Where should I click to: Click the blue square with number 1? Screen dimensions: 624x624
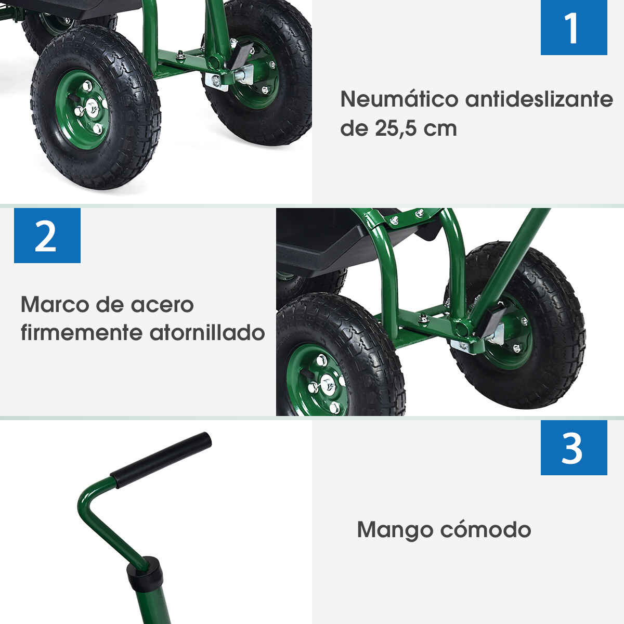click(574, 28)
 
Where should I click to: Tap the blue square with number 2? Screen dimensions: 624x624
click(47, 236)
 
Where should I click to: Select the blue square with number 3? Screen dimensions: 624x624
click(574, 448)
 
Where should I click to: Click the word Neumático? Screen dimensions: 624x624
click(399, 99)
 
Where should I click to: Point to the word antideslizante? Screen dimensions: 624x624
click(539, 99)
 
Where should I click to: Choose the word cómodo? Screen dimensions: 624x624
click(486, 530)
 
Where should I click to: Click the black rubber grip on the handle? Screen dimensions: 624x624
click(161, 460)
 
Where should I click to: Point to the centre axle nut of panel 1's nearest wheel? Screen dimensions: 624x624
click(92, 108)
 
